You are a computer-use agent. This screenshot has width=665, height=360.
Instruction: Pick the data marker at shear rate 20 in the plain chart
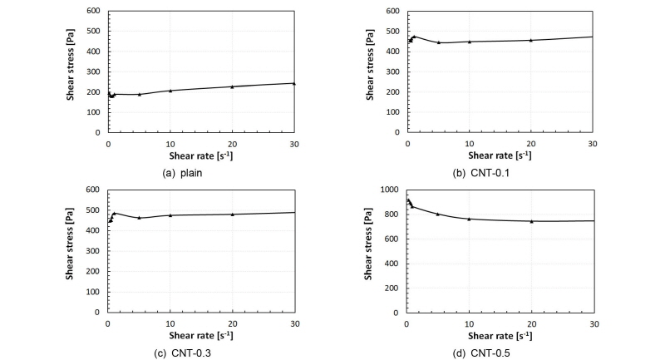click(232, 86)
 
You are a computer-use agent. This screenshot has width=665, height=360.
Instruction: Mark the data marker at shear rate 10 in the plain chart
click(170, 90)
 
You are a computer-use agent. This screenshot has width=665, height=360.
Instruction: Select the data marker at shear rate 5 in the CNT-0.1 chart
click(438, 42)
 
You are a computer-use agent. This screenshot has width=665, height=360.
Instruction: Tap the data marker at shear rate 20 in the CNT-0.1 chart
click(530, 40)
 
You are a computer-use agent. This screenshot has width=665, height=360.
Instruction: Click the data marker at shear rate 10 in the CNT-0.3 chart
click(170, 215)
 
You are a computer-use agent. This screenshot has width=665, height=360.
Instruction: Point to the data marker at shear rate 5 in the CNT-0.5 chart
click(438, 214)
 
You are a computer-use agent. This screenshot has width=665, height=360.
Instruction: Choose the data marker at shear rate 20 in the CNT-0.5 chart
click(531, 221)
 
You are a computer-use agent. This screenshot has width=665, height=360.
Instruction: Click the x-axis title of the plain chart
click(201, 155)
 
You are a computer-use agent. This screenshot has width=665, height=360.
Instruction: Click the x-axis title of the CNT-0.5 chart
click(500, 336)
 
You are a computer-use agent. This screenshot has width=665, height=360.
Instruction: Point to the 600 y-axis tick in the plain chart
click(94, 12)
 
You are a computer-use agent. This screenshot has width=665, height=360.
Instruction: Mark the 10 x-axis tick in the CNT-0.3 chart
click(170, 323)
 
